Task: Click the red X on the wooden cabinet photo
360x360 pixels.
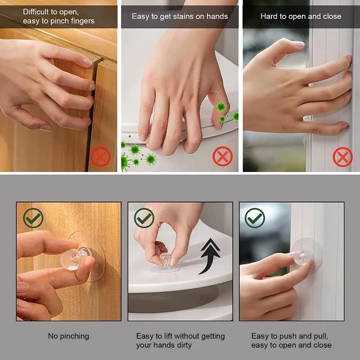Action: coord(100,157)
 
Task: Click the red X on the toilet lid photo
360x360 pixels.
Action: coord(222,157)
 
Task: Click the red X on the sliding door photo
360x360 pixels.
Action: coord(342,157)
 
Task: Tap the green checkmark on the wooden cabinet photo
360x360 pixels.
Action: coord(33,218)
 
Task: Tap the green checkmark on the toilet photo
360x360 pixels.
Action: coord(144,218)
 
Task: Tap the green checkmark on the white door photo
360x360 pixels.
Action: coord(255,218)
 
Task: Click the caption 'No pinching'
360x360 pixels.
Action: coord(68,336)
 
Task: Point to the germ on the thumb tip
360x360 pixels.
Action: coord(220,107)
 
